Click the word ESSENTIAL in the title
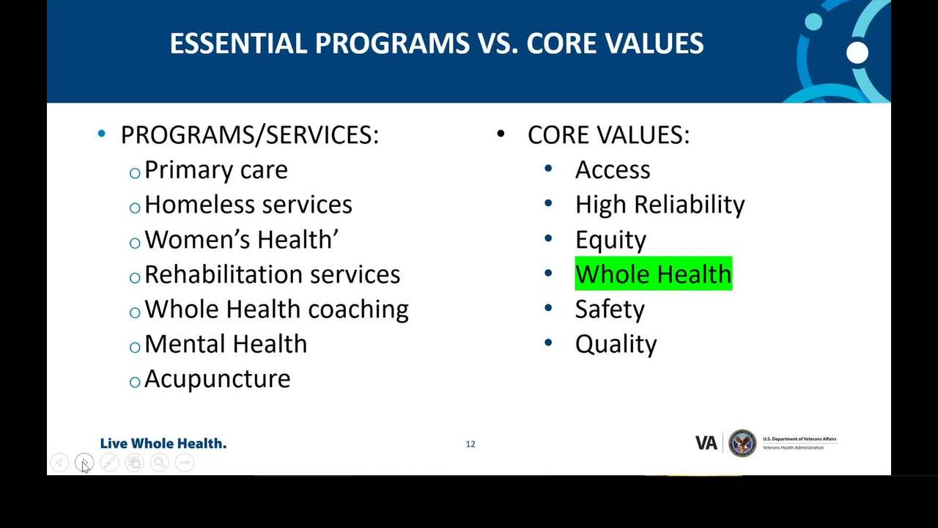[238, 43]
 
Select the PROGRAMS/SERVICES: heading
[250, 135]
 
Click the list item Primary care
[216, 171]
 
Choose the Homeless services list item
[248, 205]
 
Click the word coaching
[358, 310]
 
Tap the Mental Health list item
[226, 344]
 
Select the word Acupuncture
[218, 380]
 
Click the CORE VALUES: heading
[608, 135]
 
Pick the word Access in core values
[613, 170]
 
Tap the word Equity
[610, 241]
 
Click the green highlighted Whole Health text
[653, 274]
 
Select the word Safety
[610, 310]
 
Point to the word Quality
[616, 345]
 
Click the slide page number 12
[470, 444]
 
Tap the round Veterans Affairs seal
[742, 444]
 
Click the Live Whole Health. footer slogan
[163, 444]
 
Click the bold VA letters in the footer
[706, 444]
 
